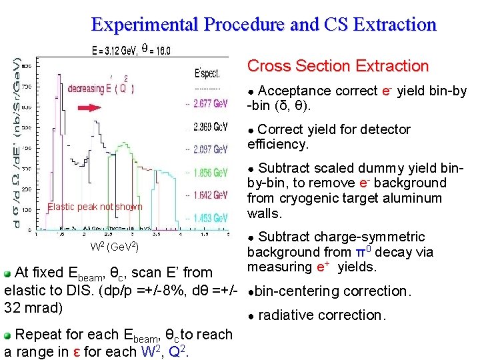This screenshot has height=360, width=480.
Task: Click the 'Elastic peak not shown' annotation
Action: [x=95, y=207]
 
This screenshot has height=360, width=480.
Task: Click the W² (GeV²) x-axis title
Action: [x=114, y=247]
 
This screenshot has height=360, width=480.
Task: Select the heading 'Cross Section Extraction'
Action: [x=337, y=66]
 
